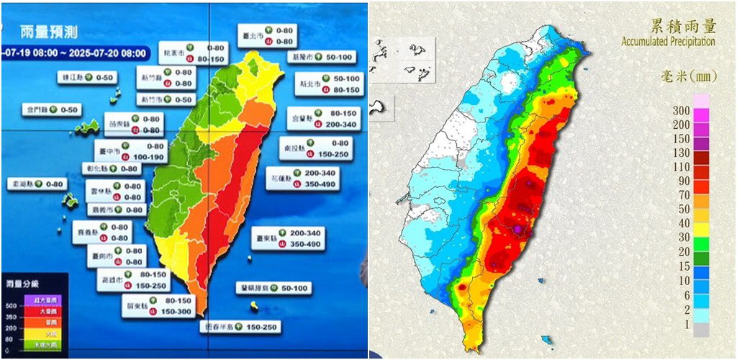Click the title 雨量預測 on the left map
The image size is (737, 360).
[x=49, y=32]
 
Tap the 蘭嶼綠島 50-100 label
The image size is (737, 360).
[x=273, y=288]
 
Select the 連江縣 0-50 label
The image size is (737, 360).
[x=87, y=77]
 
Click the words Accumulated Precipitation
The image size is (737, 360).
[x=668, y=42]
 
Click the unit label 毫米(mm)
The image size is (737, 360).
[x=685, y=76]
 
